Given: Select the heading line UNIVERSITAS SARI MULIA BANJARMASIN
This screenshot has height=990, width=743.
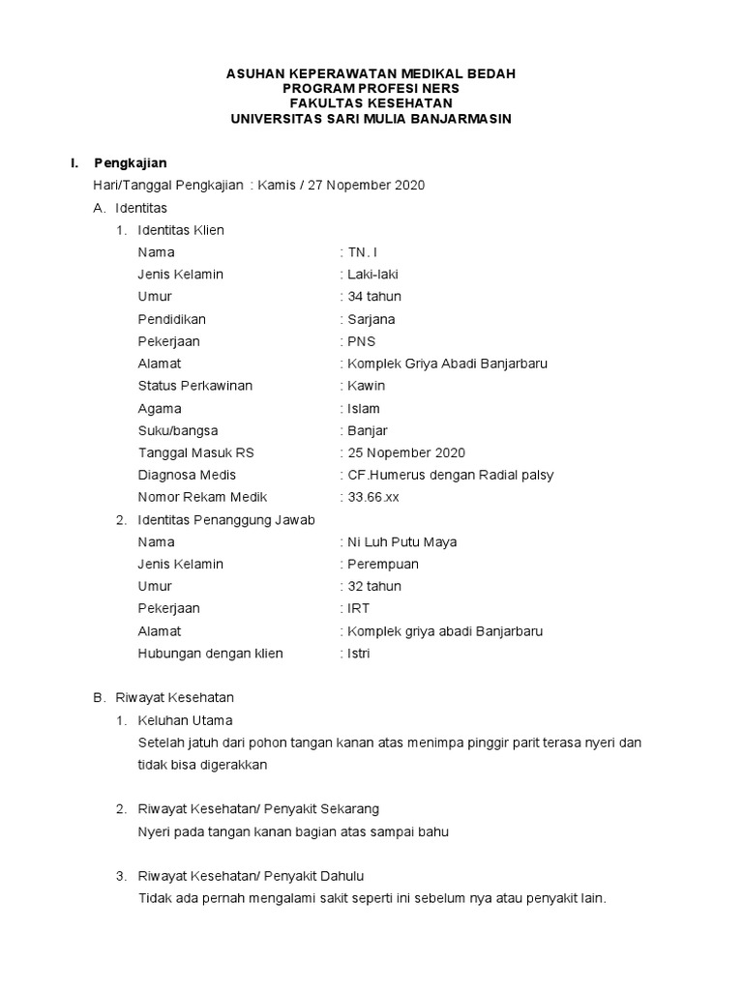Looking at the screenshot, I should tap(371, 119).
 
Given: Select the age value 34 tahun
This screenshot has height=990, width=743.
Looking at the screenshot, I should tap(374, 297).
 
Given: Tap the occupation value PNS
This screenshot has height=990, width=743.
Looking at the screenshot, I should tap(362, 341).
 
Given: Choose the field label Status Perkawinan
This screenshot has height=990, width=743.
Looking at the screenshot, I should tap(195, 386).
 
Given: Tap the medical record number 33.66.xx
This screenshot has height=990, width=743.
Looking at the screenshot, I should tap(373, 497).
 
